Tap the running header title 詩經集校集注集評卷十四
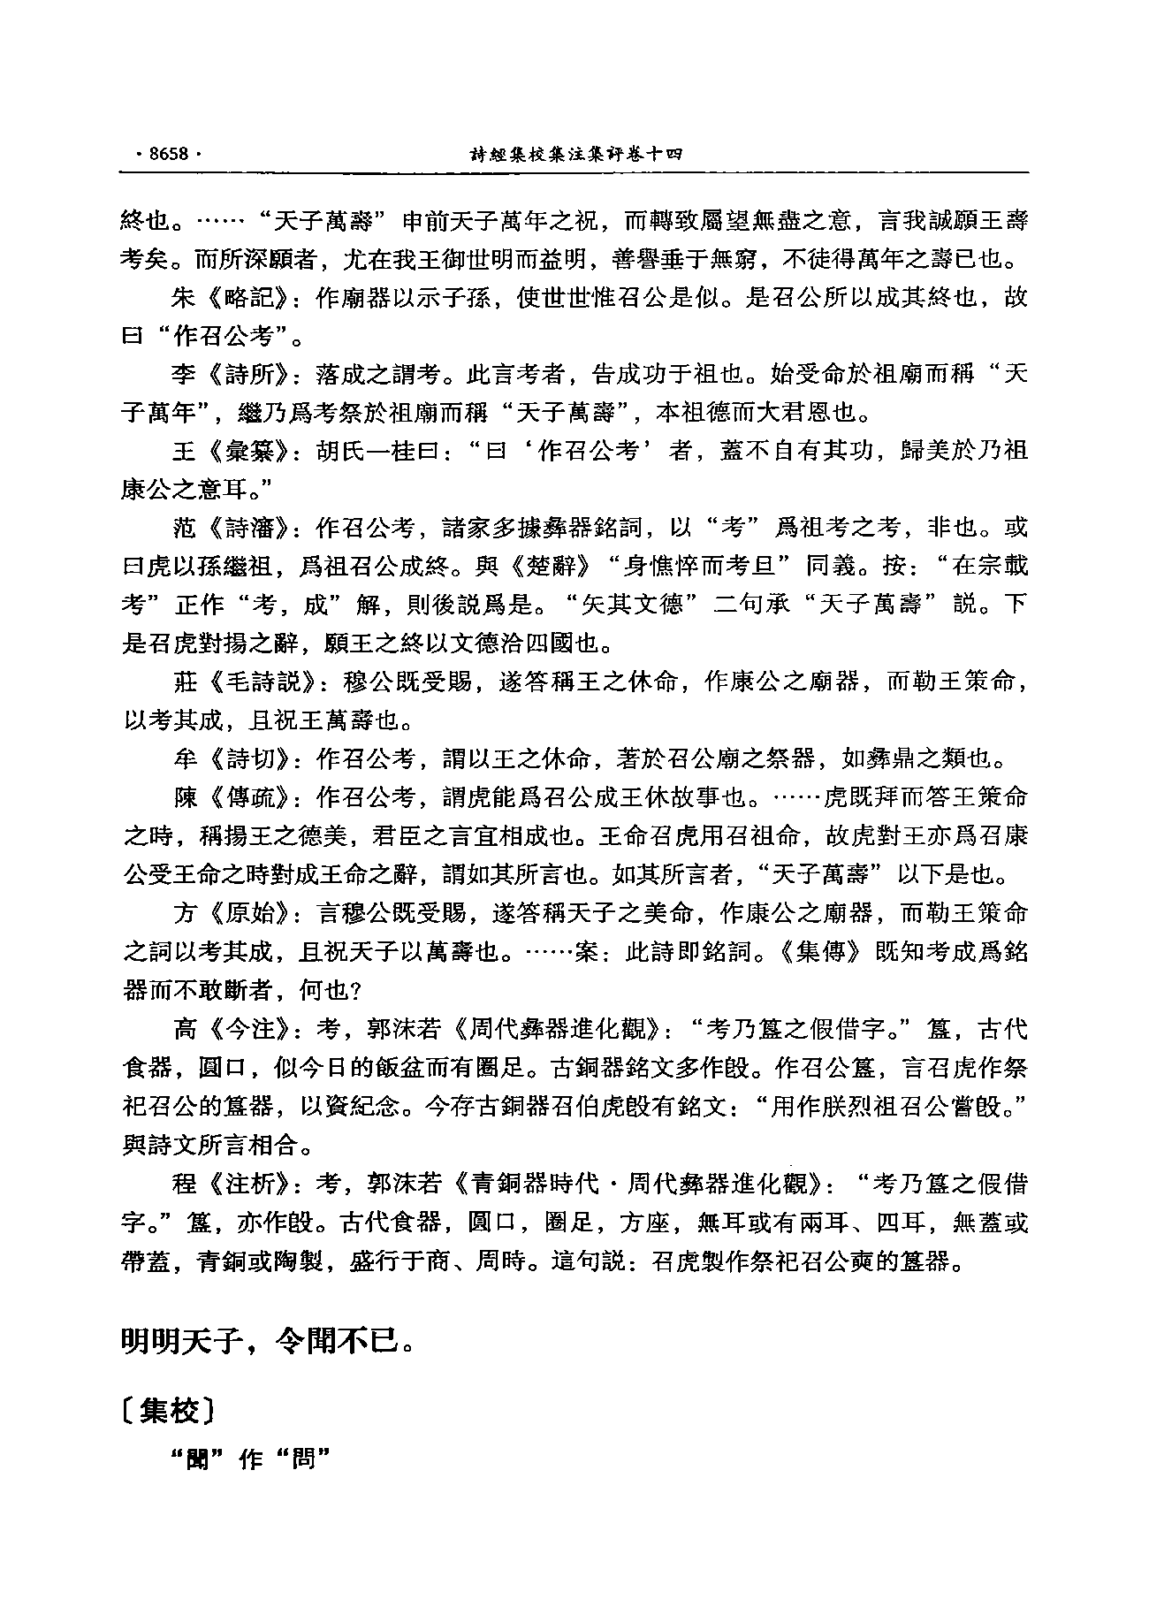[x=574, y=154]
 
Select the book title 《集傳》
[x=817, y=952]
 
